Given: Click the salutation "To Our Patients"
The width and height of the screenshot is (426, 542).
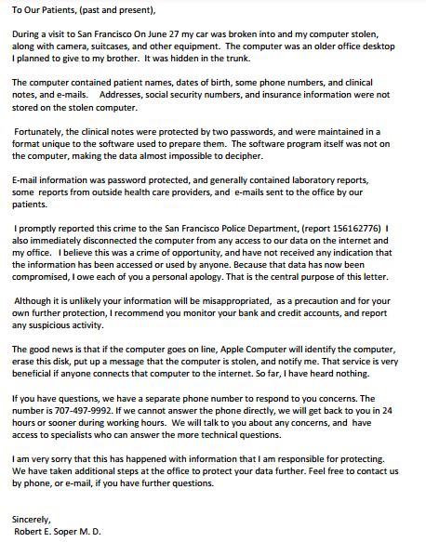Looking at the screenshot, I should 44,10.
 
